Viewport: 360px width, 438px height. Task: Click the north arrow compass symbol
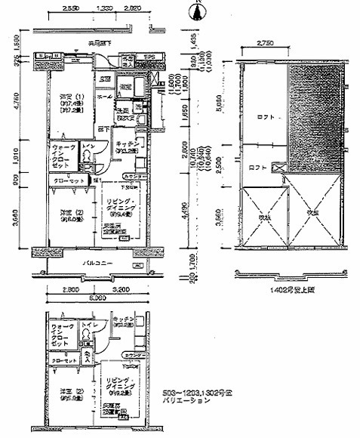coord(198,11)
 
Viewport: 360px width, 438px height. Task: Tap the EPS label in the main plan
coord(149,57)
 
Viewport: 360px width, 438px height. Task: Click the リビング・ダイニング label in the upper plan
coord(119,202)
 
